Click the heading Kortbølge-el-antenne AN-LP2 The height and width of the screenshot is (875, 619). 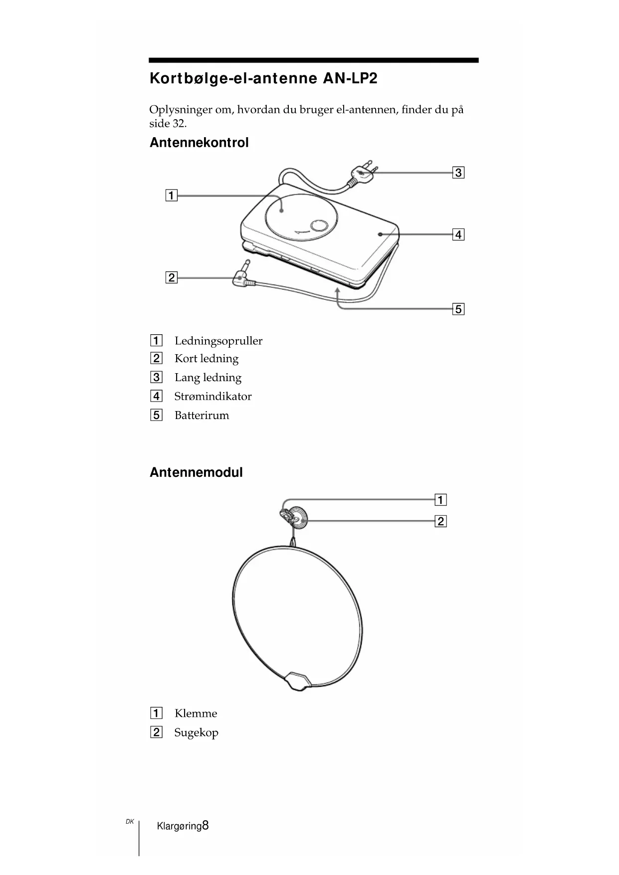pyautogui.click(x=263, y=79)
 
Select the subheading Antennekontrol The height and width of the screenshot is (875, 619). pyautogui.click(x=199, y=143)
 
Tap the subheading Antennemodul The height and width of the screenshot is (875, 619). pyautogui.click(x=196, y=472)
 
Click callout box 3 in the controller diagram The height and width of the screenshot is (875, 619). pyautogui.click(x=458, y=173)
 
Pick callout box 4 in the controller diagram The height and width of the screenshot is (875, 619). pyautogui.click(x=458, y=234)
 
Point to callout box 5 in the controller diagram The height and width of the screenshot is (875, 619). pyautogui.click(x=458, y=309)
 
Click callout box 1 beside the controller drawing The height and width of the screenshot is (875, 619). pyautogui.click(x=171, y=196)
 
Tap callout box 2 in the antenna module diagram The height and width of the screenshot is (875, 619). pyautogui.click(x=440, y=522)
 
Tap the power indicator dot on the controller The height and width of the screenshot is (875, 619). pyautogui.click(x=380, y=234)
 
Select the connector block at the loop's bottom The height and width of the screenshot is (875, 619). pyautogui.click(x=298, y=680)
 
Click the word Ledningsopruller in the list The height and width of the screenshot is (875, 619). pyautogui.click(x=218, y=341)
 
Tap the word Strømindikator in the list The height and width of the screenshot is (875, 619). pyautogui.click(x=213, y=397)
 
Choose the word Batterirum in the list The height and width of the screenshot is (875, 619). pyautogui.click(x=202, y=416)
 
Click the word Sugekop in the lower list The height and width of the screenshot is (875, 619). pyautogui.click(x=196, y=733)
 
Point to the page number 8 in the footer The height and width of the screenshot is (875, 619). pyautogui.click(x=206, y=826)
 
